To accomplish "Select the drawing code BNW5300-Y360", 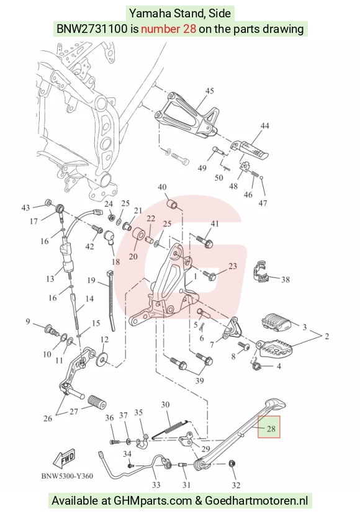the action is click(x=67, y=476).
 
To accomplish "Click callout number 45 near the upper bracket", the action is click(x=210, y=91).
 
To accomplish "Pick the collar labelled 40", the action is click(x=173, y=204).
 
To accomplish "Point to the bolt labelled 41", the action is click(x=205, y=241).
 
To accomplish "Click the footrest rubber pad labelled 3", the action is click(x=276, y=322).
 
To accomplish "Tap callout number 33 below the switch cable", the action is click(x=156, y=485).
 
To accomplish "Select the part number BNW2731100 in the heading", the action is click(x=92, y=29).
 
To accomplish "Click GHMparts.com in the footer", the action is click(x=153, y=500).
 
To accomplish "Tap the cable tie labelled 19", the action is click(x=111, y=300).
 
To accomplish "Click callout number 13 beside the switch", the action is click(x=50, y=279).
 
